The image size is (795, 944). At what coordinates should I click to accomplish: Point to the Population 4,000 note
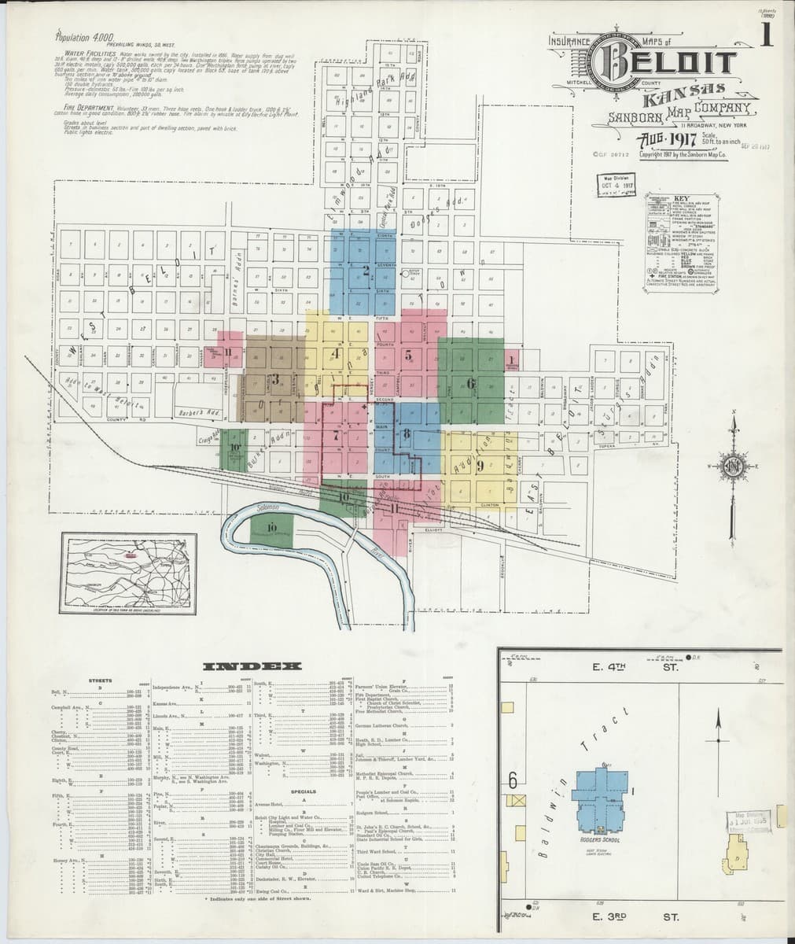[x=86, y=36]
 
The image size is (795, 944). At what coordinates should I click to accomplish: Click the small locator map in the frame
[x=129, y=572]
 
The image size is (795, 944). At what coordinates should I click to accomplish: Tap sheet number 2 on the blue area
[x=366, y=271]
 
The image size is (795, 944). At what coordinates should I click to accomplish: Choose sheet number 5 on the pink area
[x=408, y=353]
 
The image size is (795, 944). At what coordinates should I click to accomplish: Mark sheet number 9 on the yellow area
[x=479, y=464]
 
